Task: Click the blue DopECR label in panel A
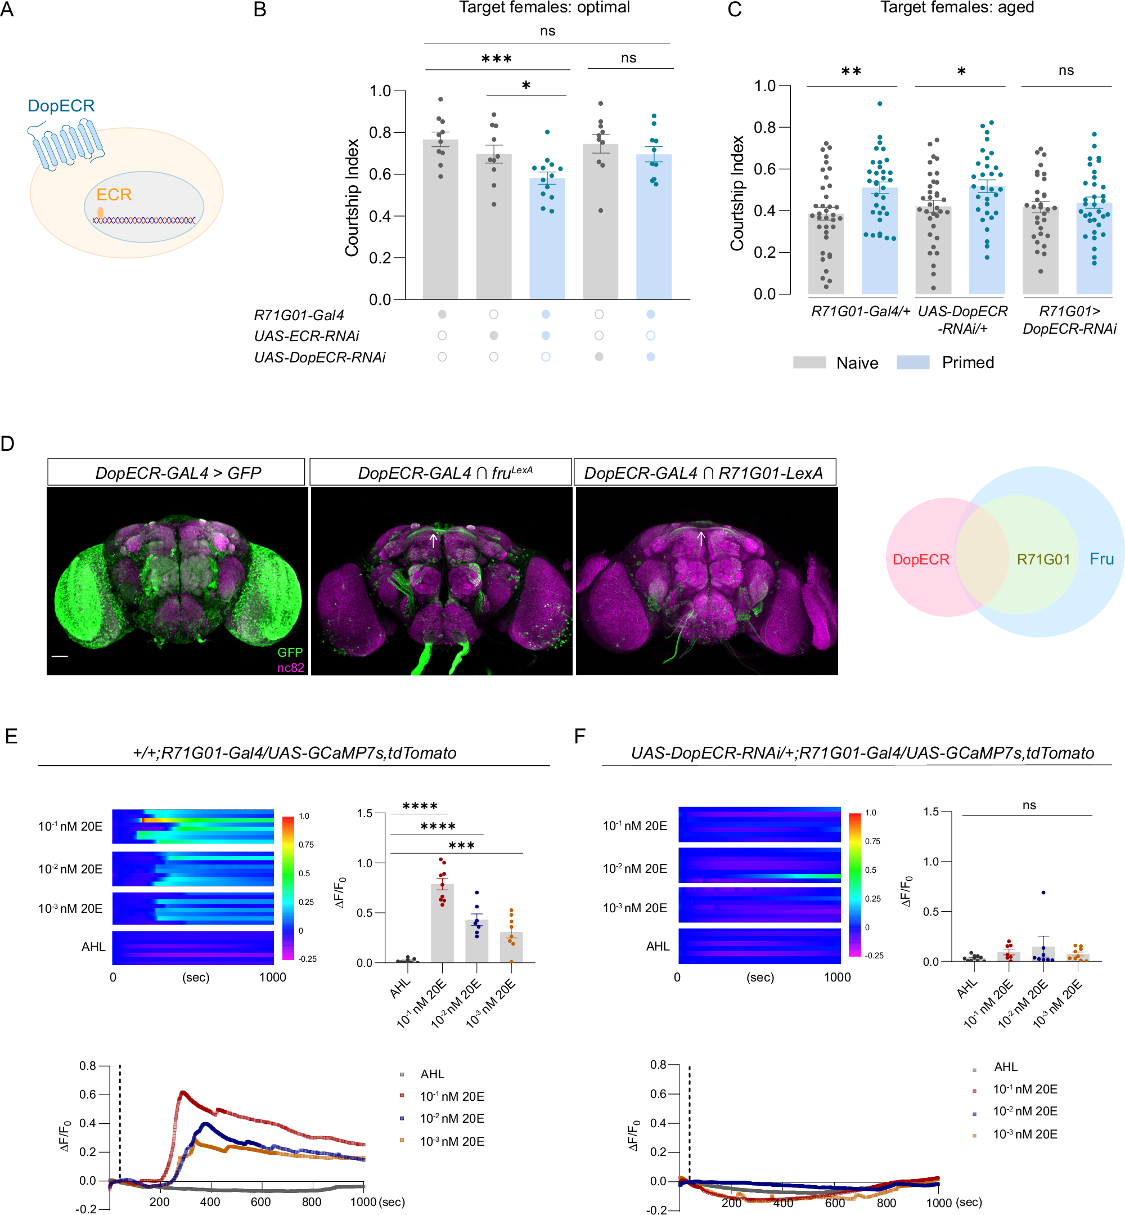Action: click(61, 105)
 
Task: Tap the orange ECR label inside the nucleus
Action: click(114, 195)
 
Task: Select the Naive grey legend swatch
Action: click(809, 363)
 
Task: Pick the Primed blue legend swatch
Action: click(912, 363)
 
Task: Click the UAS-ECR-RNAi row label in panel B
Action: click(306, 336)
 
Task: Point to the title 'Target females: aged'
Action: click(956, 8)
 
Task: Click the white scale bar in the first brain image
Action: click(60, 657)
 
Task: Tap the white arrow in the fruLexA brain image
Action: click(434, 540)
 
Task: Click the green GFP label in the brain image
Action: click(290, 652)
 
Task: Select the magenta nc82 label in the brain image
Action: click(290, 667)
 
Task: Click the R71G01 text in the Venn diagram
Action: click(1043, 559)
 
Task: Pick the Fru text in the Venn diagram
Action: click(1101, 558)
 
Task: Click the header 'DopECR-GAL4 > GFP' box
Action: click(177, 473)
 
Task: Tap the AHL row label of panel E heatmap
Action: click(93, 947)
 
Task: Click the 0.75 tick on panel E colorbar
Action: click(306, 845)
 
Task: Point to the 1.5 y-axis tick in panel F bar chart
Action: click(931, 811)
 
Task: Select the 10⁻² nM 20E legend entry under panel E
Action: click(451, 1118)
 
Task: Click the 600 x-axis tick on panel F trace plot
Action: click(835, 1203)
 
